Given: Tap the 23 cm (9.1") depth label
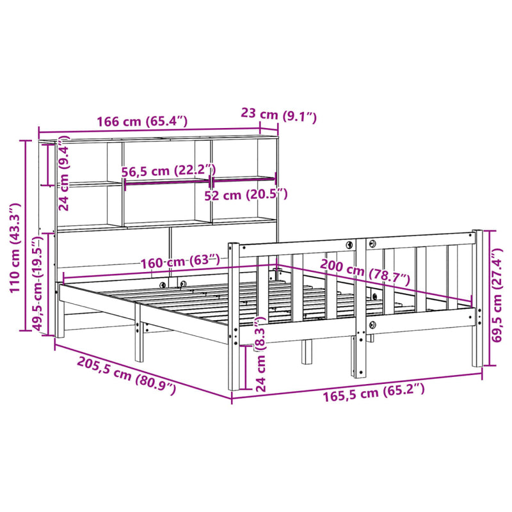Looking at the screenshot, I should click(x=278, y=115).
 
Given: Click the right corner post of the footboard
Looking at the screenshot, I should click(x=477, y=298).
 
